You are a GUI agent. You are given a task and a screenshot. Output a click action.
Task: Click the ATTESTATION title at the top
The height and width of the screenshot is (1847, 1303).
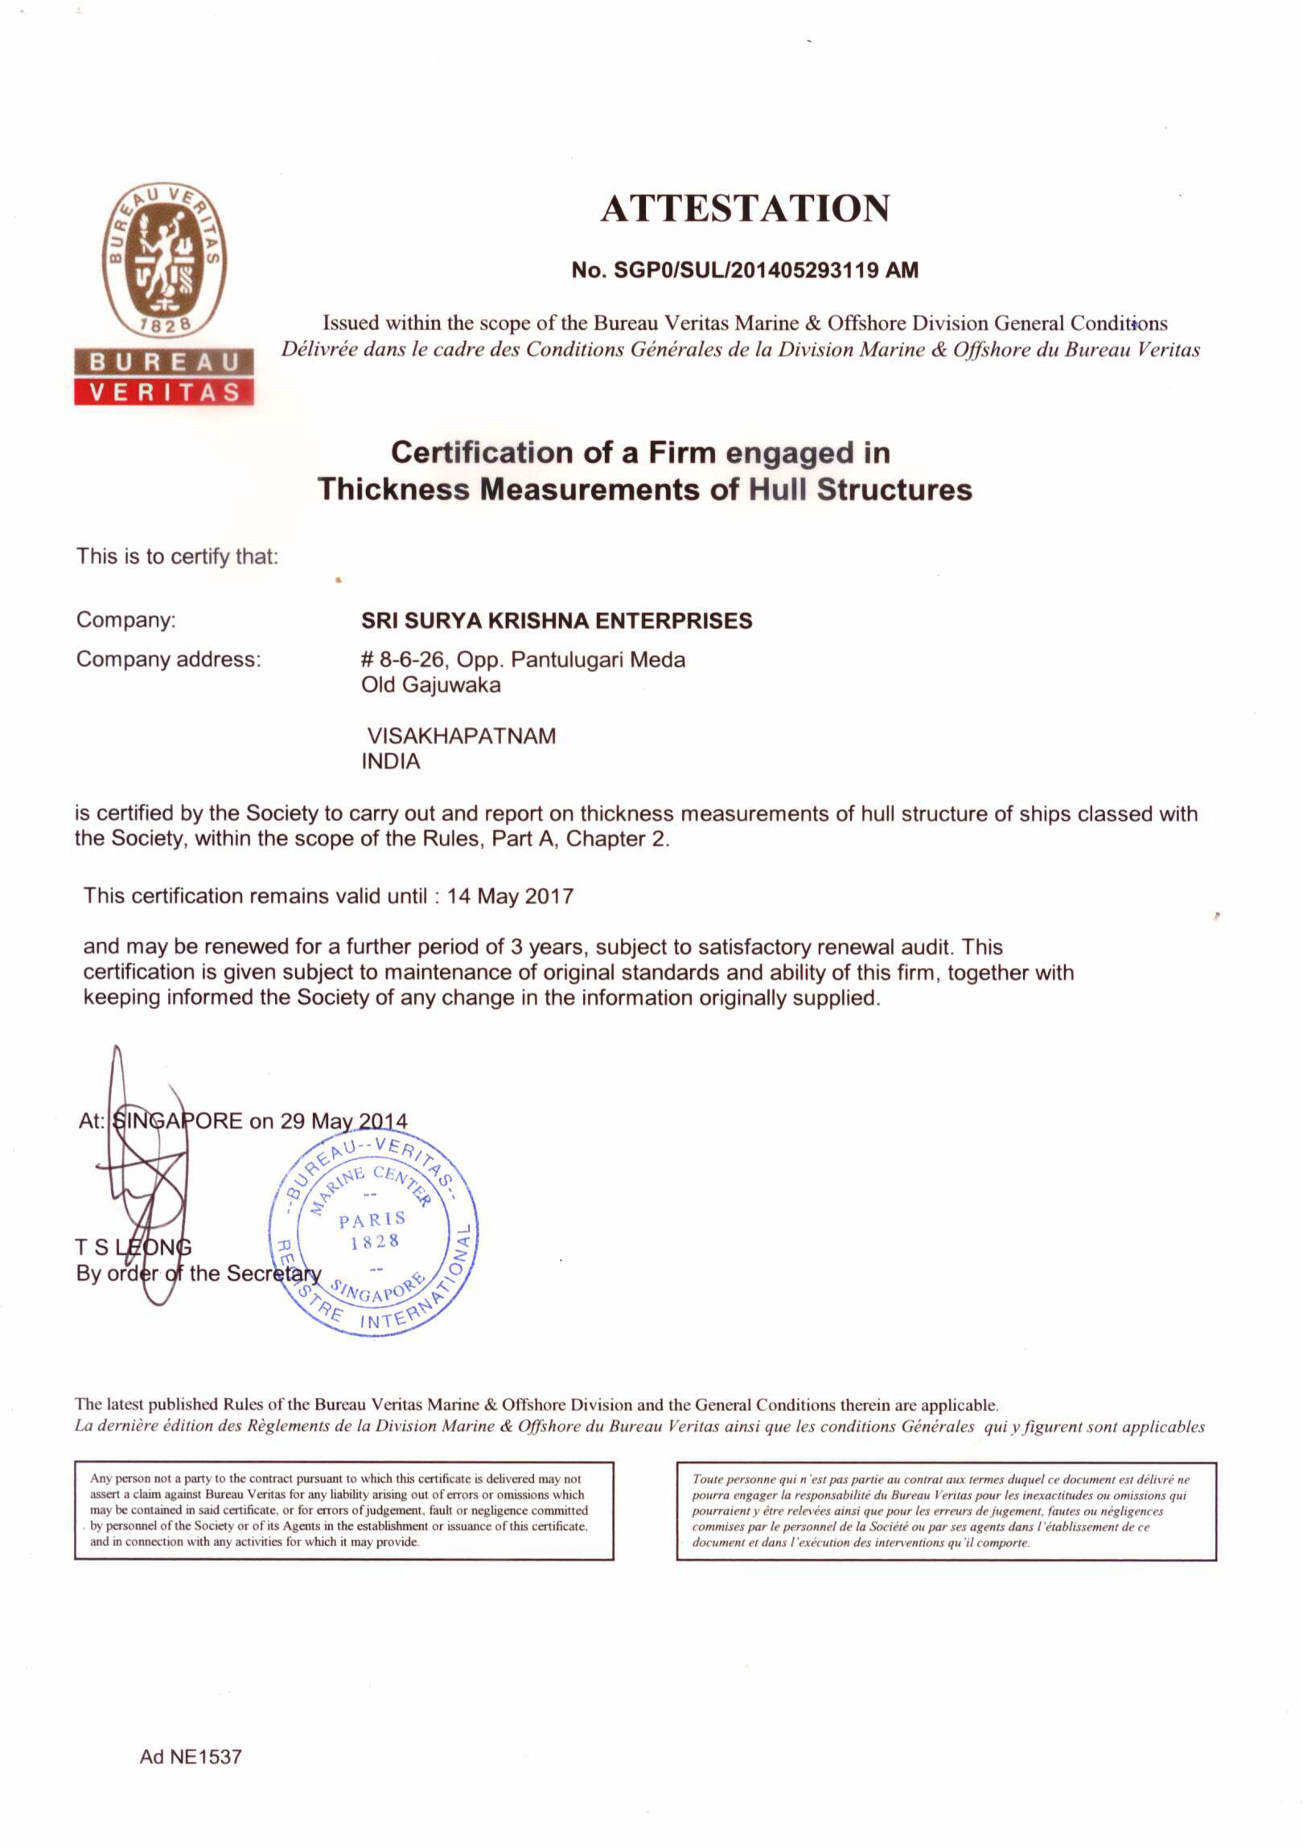pos(745,208)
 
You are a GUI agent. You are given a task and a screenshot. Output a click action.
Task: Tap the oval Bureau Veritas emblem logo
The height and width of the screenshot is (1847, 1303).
pos(163,259)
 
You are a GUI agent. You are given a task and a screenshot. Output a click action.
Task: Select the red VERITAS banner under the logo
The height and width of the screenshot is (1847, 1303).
pos(164,392)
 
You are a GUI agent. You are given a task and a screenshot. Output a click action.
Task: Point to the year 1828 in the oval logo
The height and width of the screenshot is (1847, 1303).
pos(163,325)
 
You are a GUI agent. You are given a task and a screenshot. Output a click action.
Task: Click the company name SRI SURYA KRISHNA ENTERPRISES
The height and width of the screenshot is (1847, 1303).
pos(557,621)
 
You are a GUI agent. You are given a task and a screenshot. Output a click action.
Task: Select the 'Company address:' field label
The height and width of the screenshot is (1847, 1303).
pos(168,660)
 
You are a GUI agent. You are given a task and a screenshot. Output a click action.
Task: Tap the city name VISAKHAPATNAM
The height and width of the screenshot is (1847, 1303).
pos(461,736)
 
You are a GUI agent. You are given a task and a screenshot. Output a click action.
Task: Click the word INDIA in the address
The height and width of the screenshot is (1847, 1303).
pos(391,761)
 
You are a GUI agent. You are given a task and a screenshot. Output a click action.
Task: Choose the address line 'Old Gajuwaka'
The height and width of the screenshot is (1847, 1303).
pos(430,685)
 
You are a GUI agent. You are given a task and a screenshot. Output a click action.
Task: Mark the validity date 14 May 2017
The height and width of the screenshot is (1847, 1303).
pos(510,896)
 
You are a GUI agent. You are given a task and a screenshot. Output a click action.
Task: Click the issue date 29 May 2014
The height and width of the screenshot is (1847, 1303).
pos(343,1121)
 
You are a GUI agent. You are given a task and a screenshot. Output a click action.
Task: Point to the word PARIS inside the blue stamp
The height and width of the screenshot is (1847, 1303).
pos(372,1220)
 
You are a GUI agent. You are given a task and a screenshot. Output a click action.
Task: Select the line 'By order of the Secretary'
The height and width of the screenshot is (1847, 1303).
pos(199,1273)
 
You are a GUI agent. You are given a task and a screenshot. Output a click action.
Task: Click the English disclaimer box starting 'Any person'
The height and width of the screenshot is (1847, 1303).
pos(343,1510)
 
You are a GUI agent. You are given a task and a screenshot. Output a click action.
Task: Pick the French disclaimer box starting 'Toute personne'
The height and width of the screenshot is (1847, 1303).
pos(946,1511)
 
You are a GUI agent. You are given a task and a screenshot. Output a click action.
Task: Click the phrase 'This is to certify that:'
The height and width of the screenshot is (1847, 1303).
pos(177,557)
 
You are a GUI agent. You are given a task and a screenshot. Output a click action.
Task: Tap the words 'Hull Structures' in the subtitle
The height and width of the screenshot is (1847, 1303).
pos(860,489)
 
